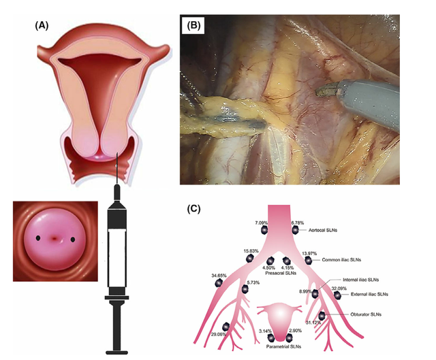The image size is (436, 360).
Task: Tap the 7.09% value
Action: click(262, 223)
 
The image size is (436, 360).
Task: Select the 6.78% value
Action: click(298, 223)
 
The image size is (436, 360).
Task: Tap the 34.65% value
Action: click(221, 276)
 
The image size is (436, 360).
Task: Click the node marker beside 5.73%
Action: click(244, 290)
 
